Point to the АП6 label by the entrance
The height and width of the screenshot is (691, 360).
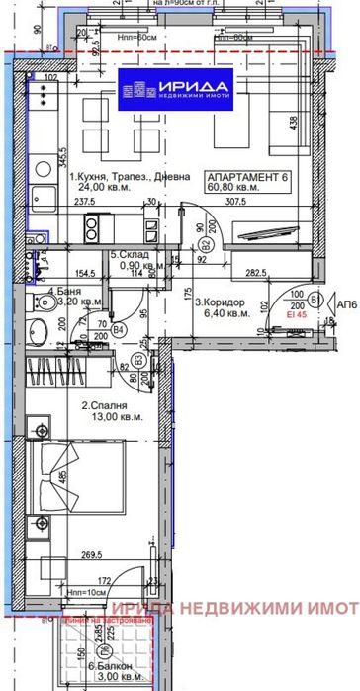click(346, 298)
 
